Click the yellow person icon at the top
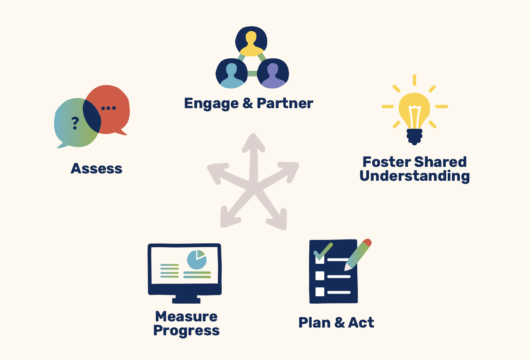(x=251, y=42)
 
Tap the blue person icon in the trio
(x=232, y=73)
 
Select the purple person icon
(x=273, y=73)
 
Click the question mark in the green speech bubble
(x=75, y=123)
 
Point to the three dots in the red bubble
(x=109, y=108)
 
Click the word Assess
(x=97, y=169)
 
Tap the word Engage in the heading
(x=211, y=104)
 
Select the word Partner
(x=285, y=103)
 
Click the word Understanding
(x=414, y=177)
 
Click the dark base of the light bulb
(x=414, y=137)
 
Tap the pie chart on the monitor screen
(x=197, y=260)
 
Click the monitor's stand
(x=187, y=299)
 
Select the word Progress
(x=187, y=331)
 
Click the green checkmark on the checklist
(x=323, y=252)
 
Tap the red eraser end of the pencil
(x=367, y=243)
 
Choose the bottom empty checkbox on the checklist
(x=320, y=292)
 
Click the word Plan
(x=314, y=323)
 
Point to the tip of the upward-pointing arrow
(x=253, y=133)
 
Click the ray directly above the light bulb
(x=414, y=80)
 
